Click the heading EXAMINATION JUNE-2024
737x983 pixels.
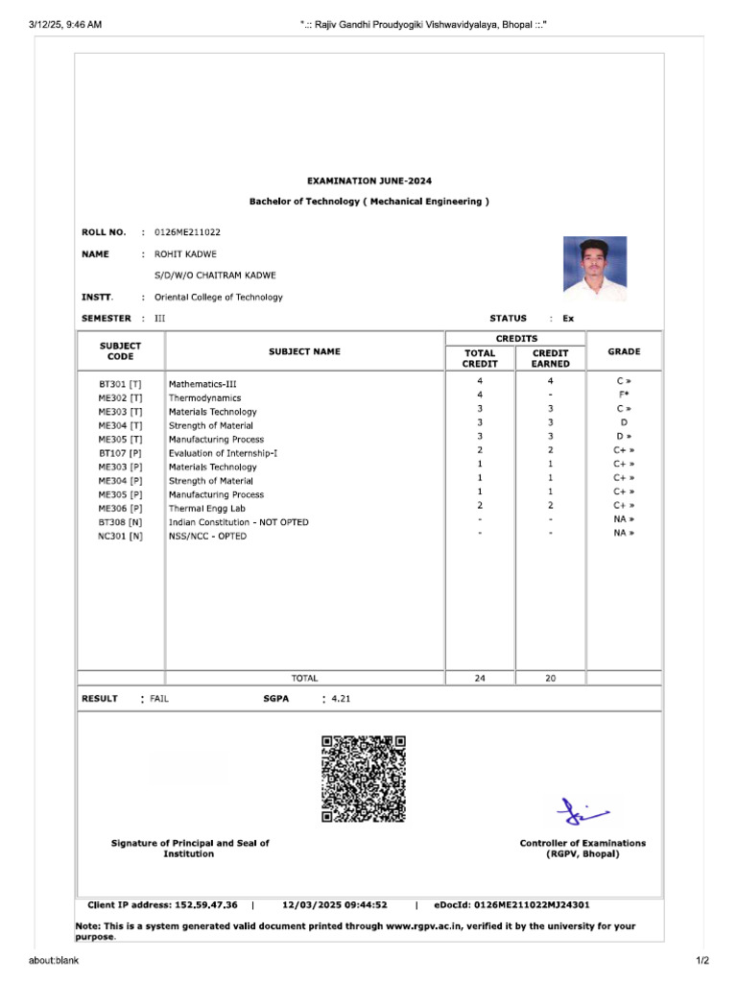[368, 180]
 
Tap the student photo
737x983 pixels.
[594, 264]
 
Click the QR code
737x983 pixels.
[364, 779]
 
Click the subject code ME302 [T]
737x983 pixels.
[120, 397]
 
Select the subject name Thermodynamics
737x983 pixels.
[204, 397]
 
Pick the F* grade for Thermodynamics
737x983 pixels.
[624, 395]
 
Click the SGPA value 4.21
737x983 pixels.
[341, 699]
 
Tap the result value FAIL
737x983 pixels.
[159, 699]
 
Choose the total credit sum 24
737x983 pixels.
[480, 678]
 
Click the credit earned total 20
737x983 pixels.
[550, 678]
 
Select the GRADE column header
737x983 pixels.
[624, 351]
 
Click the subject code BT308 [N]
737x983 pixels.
[120, 522]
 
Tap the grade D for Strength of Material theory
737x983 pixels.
[624, 421]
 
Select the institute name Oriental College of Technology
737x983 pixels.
[219, 298]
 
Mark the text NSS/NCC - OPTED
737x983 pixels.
[207, 536]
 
